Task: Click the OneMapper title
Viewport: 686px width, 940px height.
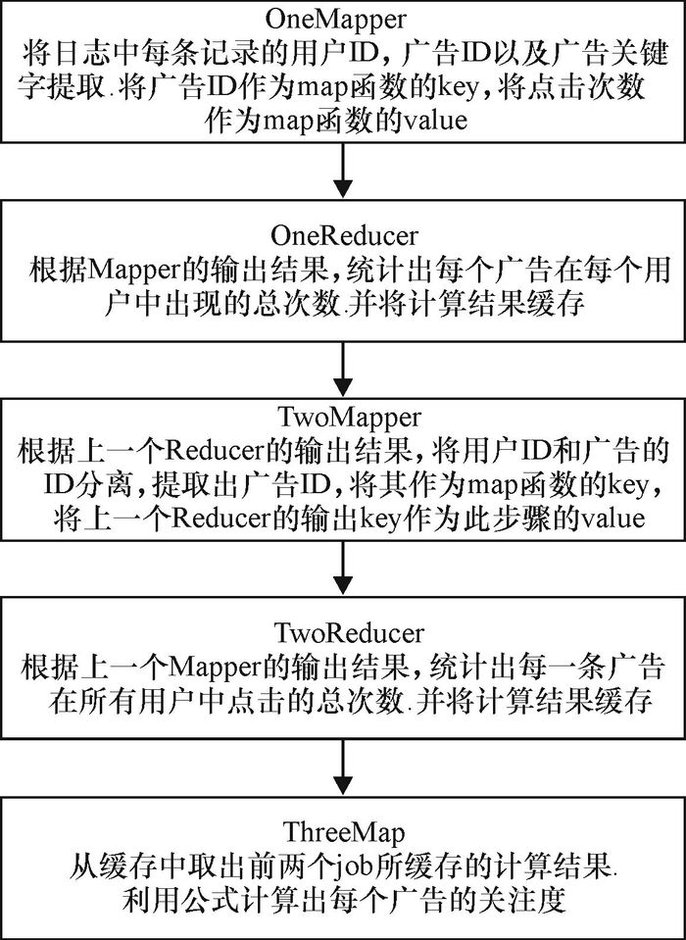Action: point(343,19)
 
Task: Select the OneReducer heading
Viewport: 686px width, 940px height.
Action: point(343,236)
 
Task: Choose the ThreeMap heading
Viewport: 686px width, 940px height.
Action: point(343,835)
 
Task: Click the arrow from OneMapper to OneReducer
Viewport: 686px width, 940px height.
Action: point(343,172)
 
